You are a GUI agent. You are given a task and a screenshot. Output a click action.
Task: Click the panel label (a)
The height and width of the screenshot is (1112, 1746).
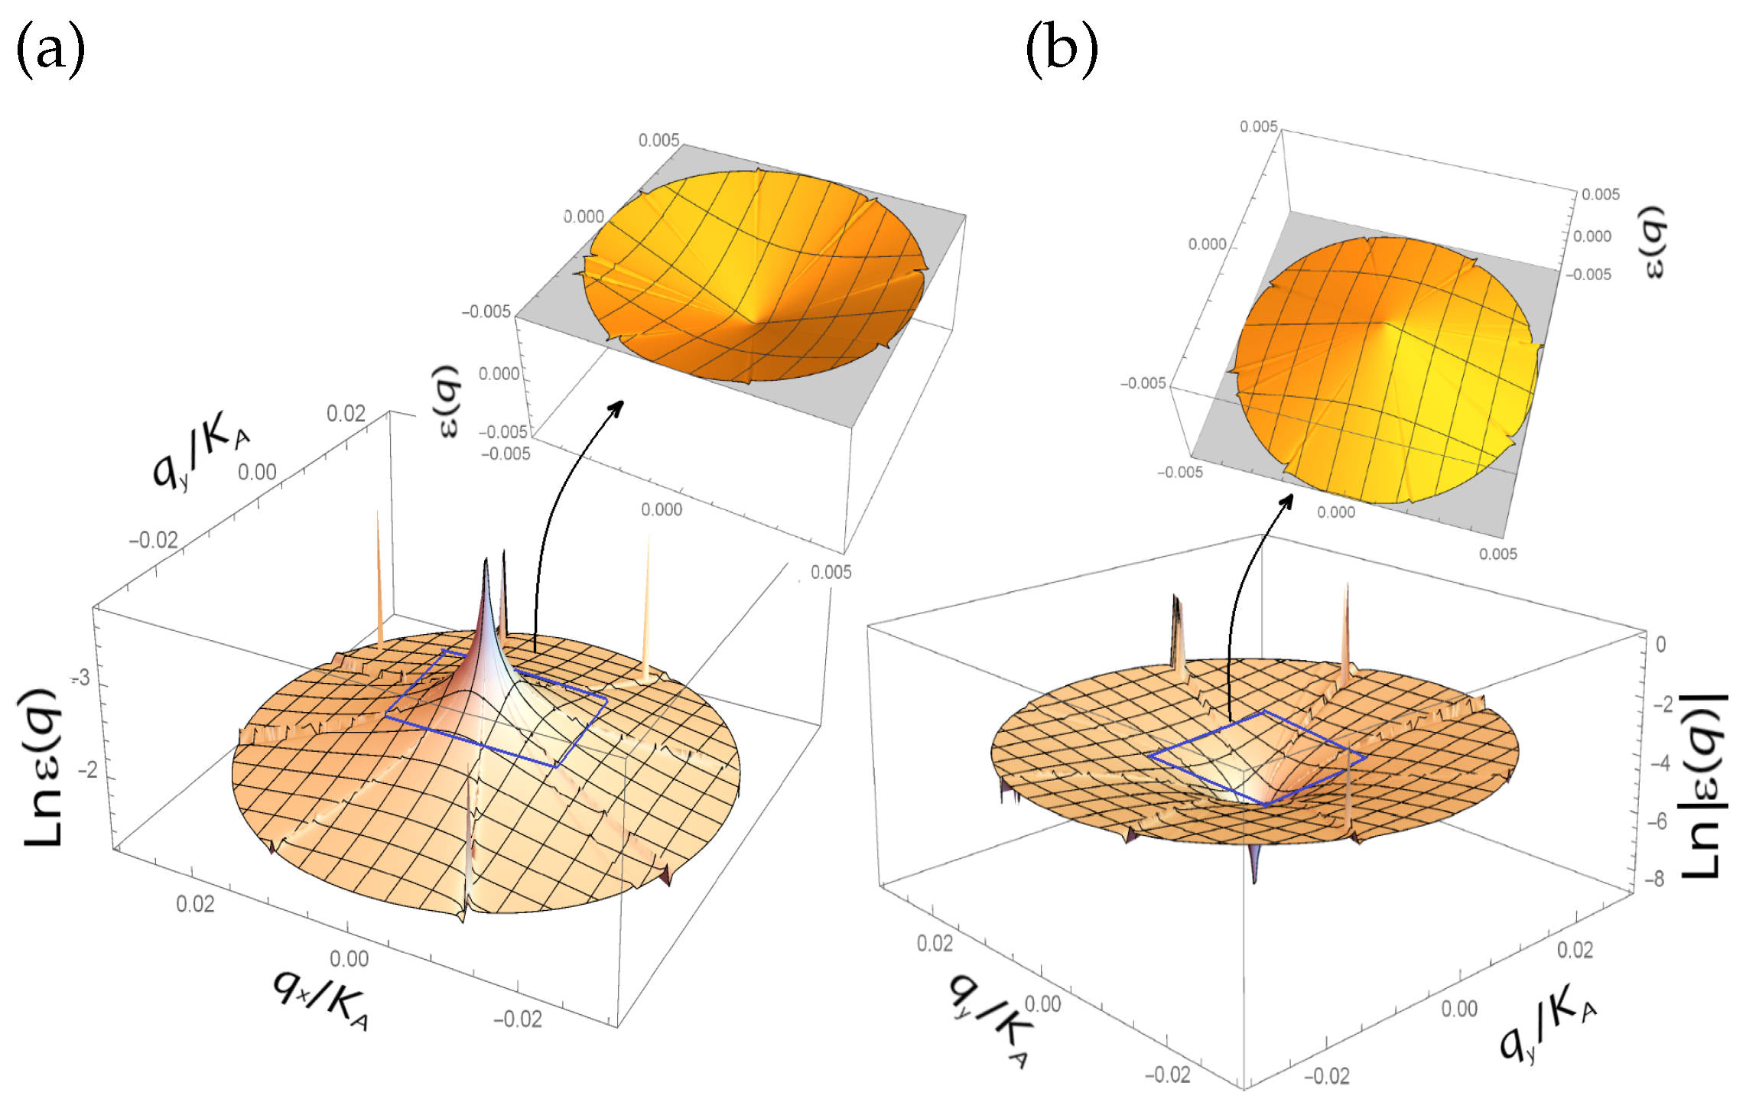(x=50, y=50)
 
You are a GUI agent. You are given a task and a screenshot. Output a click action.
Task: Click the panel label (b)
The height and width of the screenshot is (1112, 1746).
(x=1061, y=50)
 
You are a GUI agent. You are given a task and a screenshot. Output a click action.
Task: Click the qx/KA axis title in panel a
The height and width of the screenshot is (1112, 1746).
(x=322, y=998)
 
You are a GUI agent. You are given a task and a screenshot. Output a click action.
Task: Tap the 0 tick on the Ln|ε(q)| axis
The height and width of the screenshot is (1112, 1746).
(x=1660, y=645)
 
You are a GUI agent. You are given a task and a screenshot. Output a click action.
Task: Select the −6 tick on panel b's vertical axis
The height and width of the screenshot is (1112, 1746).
(x=1657, y=821)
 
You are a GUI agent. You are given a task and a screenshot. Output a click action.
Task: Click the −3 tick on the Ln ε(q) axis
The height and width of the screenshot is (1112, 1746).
(x=81, y=678)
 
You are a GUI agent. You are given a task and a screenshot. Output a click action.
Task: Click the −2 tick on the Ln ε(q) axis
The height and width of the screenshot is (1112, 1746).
(x=88, y=769)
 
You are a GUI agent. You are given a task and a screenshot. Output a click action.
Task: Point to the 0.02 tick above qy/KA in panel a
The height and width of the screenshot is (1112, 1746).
(x=346, y=414)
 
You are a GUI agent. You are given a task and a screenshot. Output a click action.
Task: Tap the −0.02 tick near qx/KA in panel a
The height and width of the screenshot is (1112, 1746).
(x=518, y=1019)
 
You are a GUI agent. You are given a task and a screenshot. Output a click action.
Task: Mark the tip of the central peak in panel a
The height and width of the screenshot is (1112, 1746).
(x=486, y=563)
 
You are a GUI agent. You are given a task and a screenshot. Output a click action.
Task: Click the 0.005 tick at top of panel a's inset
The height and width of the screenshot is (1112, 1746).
(x=658, y=140)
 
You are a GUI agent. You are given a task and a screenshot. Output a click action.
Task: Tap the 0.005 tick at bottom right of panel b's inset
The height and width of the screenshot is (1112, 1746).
(x=1497, y=554)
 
